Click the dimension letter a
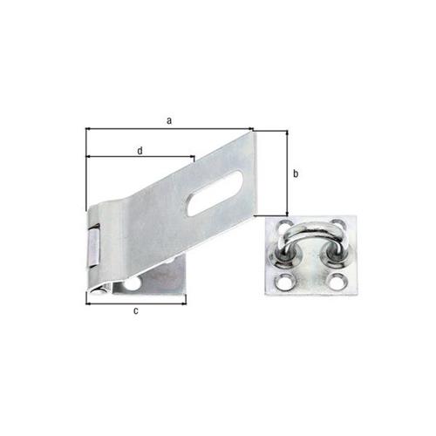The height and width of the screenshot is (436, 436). click(169, 120)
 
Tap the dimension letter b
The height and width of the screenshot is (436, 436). click(296, 174)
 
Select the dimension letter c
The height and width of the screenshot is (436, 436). click(136, 311)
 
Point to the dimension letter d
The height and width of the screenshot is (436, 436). click(140, 151)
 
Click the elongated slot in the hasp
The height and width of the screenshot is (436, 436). click(215, 194)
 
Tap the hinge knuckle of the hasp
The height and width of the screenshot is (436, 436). click(94, 245)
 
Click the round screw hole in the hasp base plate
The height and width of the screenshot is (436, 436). click(132, 284)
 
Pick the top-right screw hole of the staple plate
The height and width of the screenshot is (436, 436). click(338, 224)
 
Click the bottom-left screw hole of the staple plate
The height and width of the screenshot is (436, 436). click(283, 281)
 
